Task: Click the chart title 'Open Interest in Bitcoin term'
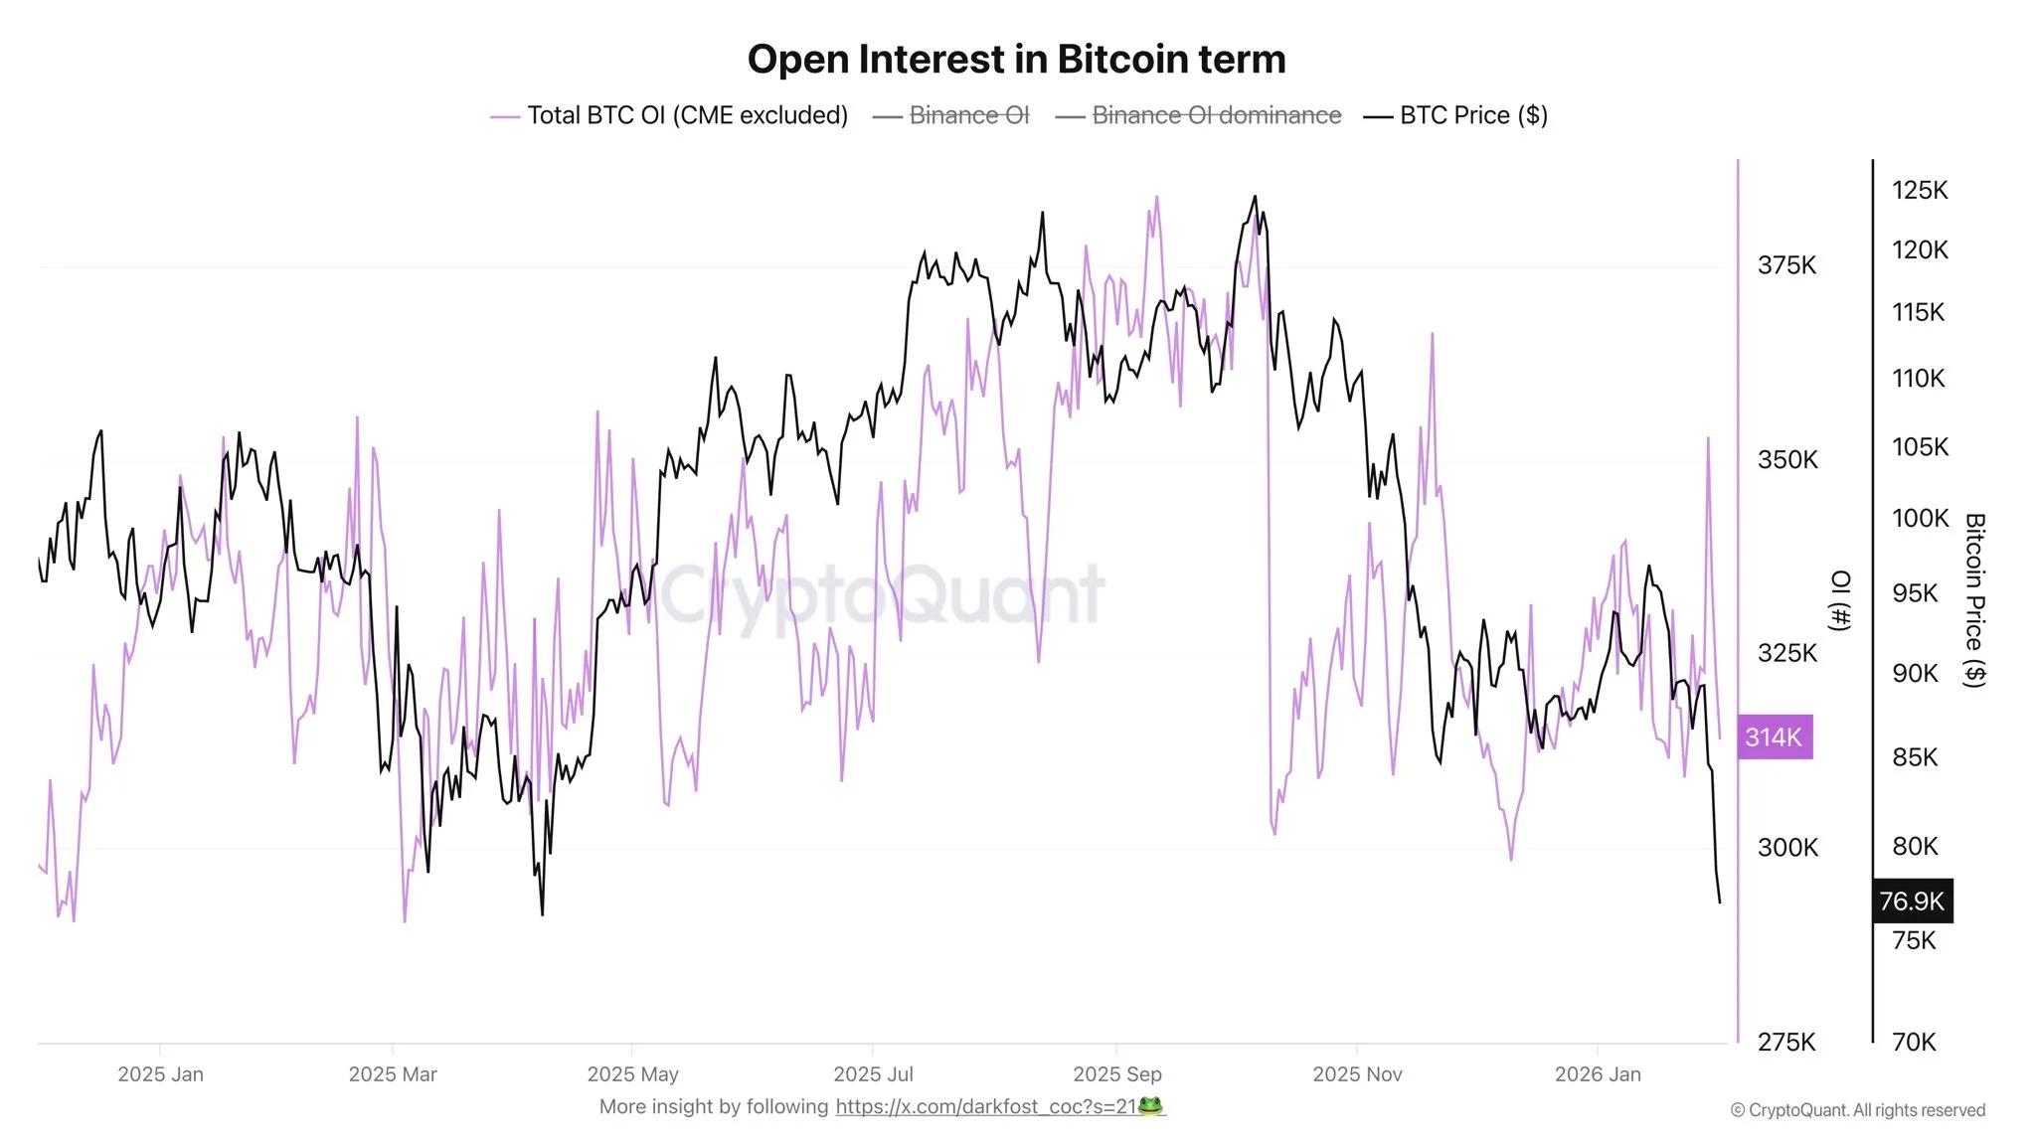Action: pyautogui.click(x=1016, y=60)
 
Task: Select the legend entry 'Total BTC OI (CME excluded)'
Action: pyautogui.click(x=686, y=115)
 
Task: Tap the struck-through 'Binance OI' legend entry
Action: pyautogui.click(x=968, y=115)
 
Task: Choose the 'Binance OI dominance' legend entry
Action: pyautogui.click(x=1216, y=115)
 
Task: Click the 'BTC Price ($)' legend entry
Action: pyautogui.click(x=1472, y=115)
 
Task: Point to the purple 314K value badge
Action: pyautogui.click(x=1775, y=737)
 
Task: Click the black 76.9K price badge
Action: pyautogui.click(x=1912, y=901)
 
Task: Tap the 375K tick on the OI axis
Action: pyautogui.click(x=1786, y=265)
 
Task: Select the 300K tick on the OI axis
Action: pyautogui.click(x=1787, y=848)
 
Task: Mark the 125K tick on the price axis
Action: pyautogui.click(x=1920, y=190)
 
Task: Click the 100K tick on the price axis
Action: pyautogui.click(x=1920, y=518)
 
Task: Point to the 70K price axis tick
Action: pyautogui.click(x=1914, y=1042)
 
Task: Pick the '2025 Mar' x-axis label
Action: pyautogui.click(x=393, y=1074)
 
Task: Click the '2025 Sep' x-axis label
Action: pyautogui.click(x=1117, y=1074)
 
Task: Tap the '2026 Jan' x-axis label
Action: pyautogui.click(x=1598, y=1074)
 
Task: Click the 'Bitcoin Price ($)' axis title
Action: pyautogui.click(x=1975, y=600)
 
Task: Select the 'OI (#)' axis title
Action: pyautogui.click(x=1841, y=600)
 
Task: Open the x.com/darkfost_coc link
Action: pyautogui.click(x=985, y=1107)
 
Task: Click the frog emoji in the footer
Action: pyautogui.click(x=1150, y=1106)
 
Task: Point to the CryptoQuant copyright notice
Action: pyautogui.click(x=1857, y=1110)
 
